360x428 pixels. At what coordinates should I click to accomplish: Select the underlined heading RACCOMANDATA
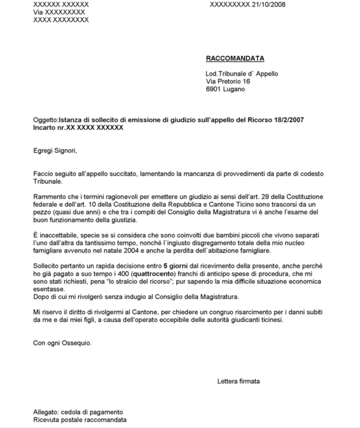(235, 59)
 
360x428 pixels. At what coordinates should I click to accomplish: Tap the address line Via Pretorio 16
(228, 81)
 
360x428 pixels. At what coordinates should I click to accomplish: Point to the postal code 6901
(214, 90)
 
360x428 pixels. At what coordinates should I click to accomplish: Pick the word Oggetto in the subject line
(45, 120)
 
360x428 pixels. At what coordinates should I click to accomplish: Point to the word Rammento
(50, 197)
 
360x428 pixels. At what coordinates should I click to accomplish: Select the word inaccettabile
(59, 236)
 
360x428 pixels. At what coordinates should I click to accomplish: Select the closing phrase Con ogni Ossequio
(62, 343)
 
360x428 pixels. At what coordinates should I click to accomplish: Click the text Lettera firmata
(238, 382)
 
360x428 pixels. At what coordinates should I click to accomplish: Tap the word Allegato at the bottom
(48, 412)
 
